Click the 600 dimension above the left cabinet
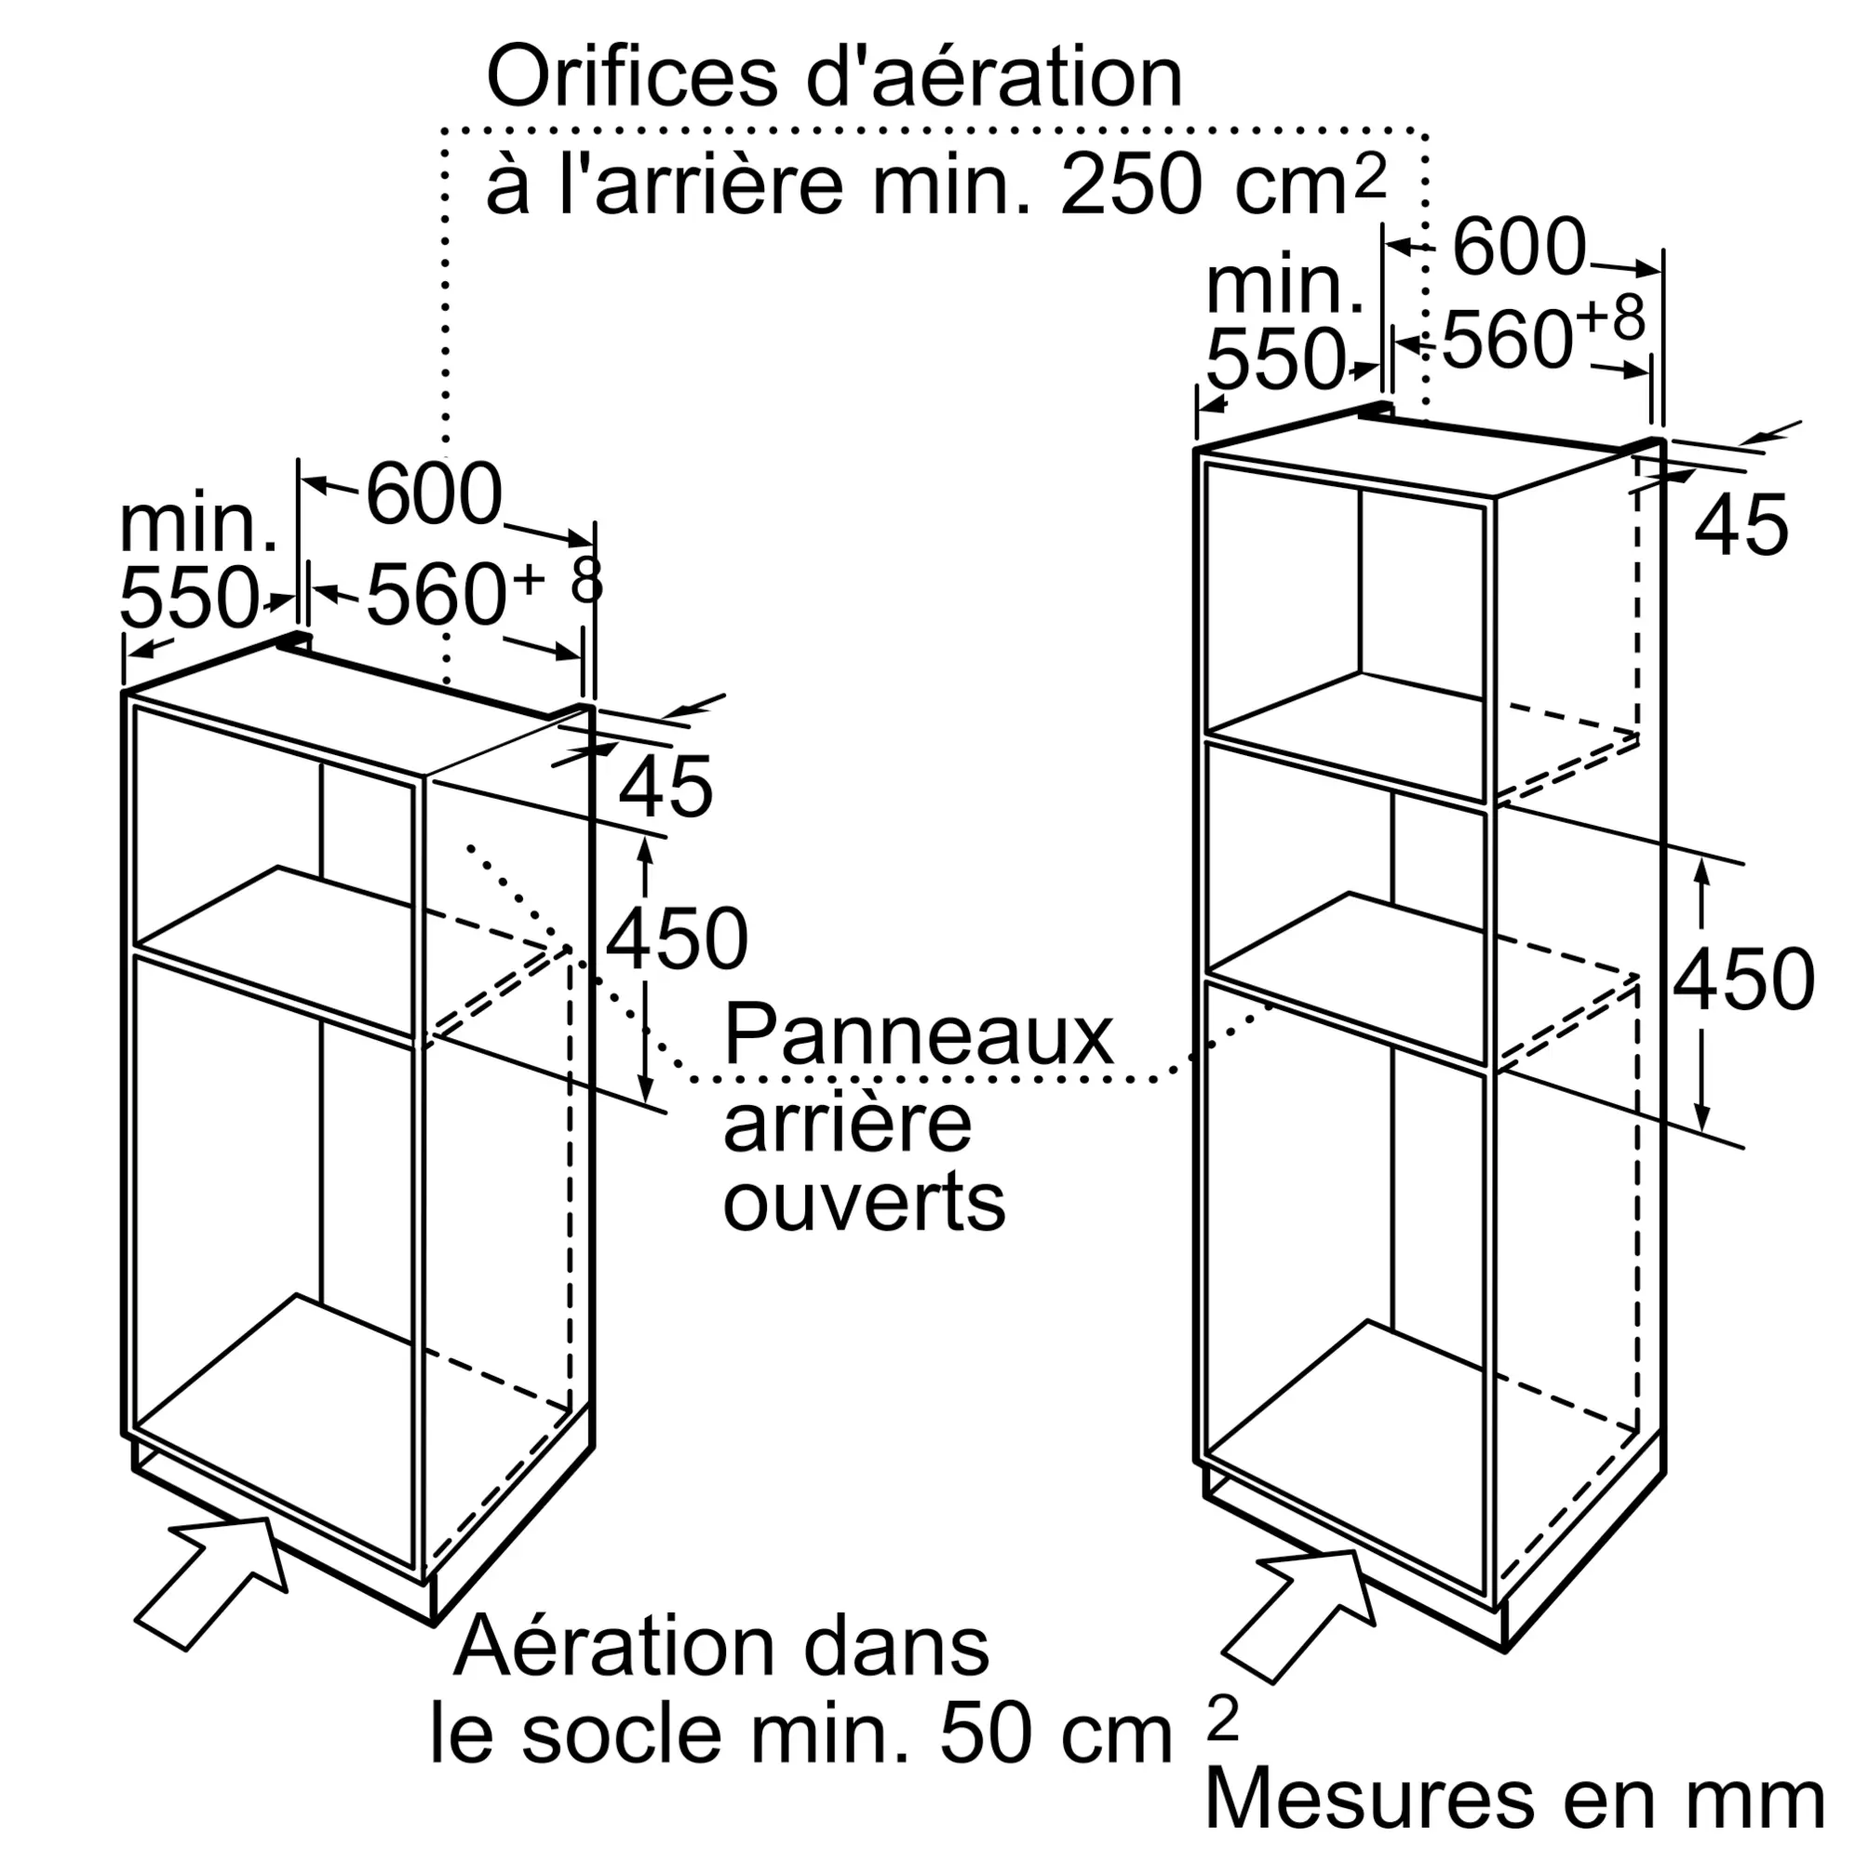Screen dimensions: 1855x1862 [435, 493]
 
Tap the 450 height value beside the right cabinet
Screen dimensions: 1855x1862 [1744, 979]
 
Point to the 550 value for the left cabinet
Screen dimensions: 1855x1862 [189, 598]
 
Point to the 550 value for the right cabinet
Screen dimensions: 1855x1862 [1275, 359]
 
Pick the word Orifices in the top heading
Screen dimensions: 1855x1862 [632, 77]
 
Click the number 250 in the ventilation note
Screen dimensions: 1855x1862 [1130, 184]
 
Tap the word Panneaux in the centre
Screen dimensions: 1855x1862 [919, 1035]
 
